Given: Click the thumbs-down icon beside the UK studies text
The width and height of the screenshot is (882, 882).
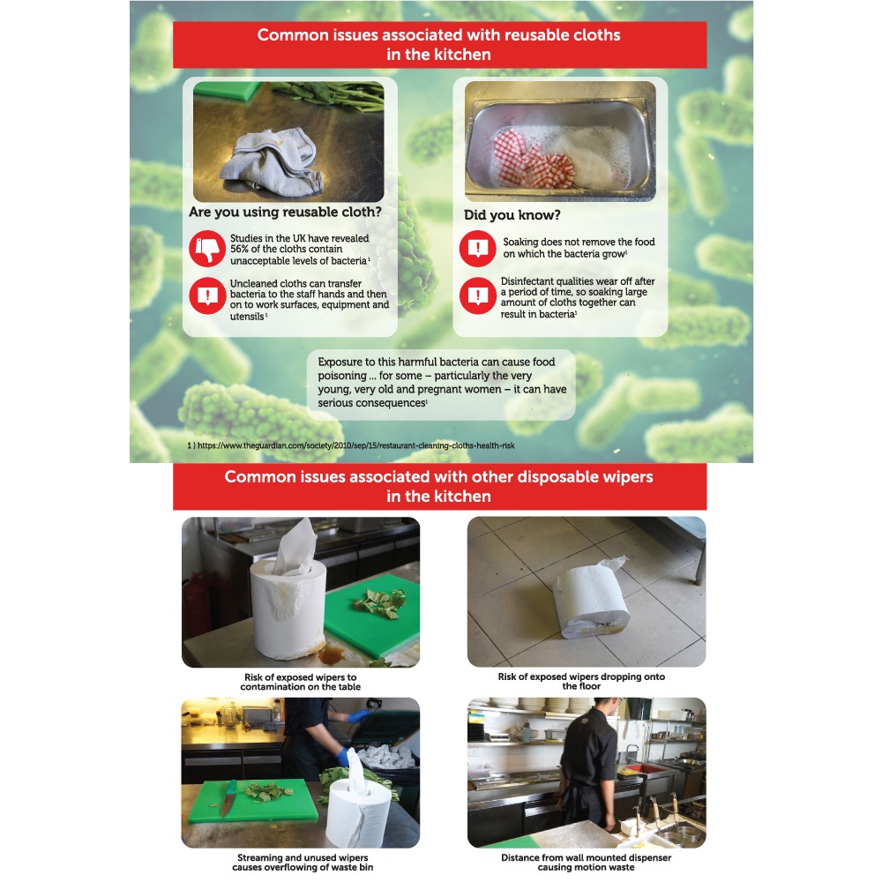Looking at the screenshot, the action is tap(207, 248).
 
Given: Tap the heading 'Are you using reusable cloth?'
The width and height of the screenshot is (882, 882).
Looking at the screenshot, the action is tap(285, 212).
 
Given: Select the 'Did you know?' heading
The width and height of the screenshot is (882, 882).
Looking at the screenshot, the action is tap(512, 215).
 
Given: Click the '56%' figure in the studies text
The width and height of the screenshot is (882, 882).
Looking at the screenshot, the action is tap(240, 250).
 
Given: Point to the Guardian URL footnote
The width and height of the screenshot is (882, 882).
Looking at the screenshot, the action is tap(351, 445).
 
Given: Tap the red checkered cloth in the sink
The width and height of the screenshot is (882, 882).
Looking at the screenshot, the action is tap(532, 159).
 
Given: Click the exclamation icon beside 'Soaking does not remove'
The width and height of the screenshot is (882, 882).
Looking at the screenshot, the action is tap(477, 248).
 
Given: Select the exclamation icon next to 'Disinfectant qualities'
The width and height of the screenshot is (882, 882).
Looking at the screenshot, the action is tap(477, 295).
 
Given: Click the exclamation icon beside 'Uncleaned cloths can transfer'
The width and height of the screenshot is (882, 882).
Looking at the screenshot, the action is tap(207, 295).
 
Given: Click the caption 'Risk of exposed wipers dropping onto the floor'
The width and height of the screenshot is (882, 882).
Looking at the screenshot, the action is tap(581, 681).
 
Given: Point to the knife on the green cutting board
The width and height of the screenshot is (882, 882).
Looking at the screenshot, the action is tap(228, 797).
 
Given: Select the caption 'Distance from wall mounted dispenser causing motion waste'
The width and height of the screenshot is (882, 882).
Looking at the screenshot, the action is tap(587, 863).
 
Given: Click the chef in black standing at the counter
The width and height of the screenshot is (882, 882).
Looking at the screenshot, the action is tap(589, 765).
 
